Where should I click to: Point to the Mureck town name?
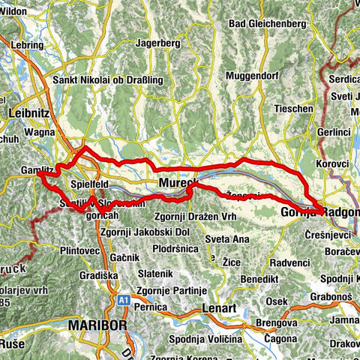178,184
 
